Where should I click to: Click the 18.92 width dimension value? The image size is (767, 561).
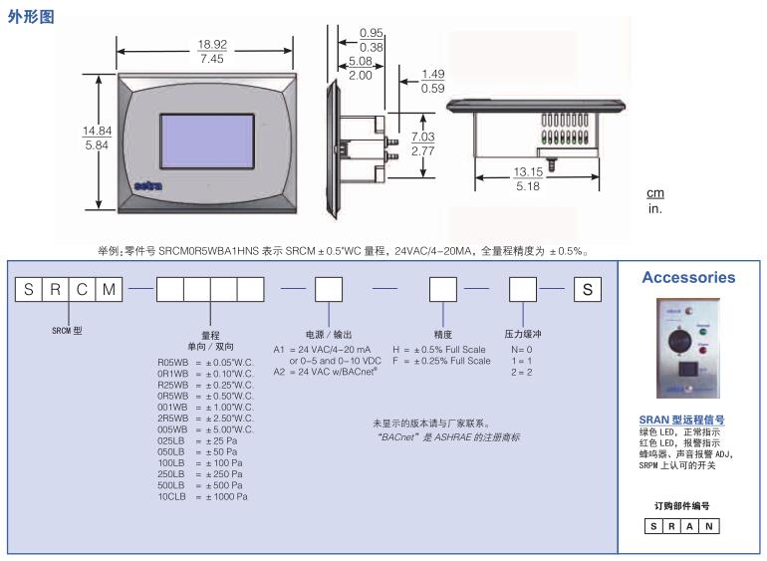pos(212,45)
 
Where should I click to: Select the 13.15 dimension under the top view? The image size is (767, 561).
pos(528,171)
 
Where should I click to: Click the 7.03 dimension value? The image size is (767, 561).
pos(423,137)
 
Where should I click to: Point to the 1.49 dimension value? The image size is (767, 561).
pos(432,74)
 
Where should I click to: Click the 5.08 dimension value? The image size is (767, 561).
pos(360,61)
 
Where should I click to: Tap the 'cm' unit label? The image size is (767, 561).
pos(655,193)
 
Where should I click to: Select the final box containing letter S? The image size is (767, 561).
pos(588,289)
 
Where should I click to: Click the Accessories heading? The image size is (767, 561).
pos(688,278)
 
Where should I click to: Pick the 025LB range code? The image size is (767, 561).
pos(171,440)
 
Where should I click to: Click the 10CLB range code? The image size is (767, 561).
pos(171,496)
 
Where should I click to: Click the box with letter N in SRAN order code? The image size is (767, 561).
pos(708,525)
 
